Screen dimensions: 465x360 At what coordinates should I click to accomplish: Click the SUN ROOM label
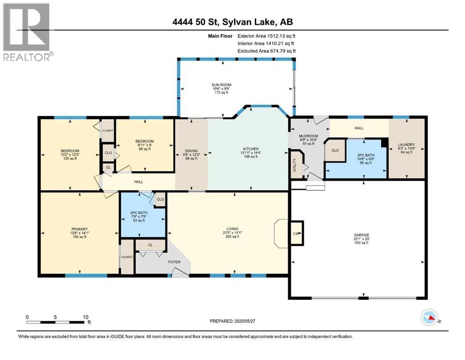click(221, 85)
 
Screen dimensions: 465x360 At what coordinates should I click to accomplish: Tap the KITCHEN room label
click(251, 149)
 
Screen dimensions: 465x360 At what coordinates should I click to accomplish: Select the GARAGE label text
click(361, 235)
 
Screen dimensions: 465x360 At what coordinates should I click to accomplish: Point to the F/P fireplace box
click(296, 233)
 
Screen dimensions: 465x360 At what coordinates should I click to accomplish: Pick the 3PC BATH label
click(365, 155)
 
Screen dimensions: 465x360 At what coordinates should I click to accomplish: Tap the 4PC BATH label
click(139, 213)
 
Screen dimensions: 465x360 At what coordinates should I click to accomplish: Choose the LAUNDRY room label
click(406, 145)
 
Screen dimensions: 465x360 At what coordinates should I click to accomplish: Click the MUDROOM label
click(309, 136)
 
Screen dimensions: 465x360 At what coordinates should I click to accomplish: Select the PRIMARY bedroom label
click(80, 229)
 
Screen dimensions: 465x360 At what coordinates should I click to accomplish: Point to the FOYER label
click(174, 262)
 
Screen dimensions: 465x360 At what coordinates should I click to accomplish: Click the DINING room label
click(191, 151)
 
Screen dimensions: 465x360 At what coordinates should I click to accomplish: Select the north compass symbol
click(429, 317)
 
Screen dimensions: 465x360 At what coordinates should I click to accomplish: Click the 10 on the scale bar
click(86, 317)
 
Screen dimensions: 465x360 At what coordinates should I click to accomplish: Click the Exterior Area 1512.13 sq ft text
click(266, 36)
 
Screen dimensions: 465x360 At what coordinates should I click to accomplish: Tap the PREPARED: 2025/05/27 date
click(232, 321)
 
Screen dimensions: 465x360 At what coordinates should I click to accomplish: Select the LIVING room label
click(232, 229)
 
